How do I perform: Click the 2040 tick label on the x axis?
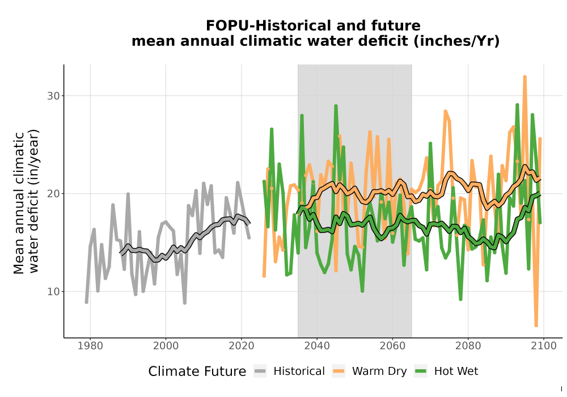pyautogui.click(x=317, y=345)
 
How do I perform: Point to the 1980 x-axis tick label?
pyautogui.click(x=90, y=345)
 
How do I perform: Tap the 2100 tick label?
pyautogui.click(x=544, y=345)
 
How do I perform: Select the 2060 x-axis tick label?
pyautogui.click(x=392, y=345)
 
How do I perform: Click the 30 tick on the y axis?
pyautogui.click(x=53, y=96)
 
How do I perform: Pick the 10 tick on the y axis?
pyautogui.click(x=53, y=292)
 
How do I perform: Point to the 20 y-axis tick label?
pyautogui.click(x=53, y=194)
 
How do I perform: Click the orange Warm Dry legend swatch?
pyautogui.click(x=338, y=371)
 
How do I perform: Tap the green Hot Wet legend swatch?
pyautogui.click(x=421, y=371)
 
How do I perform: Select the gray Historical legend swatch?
pyautogui.click(x=260, y=371)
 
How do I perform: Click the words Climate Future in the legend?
pyautogui.click(x=197, y=371)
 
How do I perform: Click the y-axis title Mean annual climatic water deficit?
pyautogui.click(x=26, y=202)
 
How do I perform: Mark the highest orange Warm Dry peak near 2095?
pyautogui.click(x=524, y=77)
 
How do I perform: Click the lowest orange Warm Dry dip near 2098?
pyautogui.click(x=536, y=326)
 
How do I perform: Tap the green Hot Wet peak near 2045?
pyautogui.click(x=336, y=106)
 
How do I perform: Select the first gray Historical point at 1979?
pyautogui.click(x=86, y=302)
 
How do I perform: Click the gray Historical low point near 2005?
pyautogui.click(x=185, y=303)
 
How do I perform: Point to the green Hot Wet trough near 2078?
pyautogui.click(x=460, y=299)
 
